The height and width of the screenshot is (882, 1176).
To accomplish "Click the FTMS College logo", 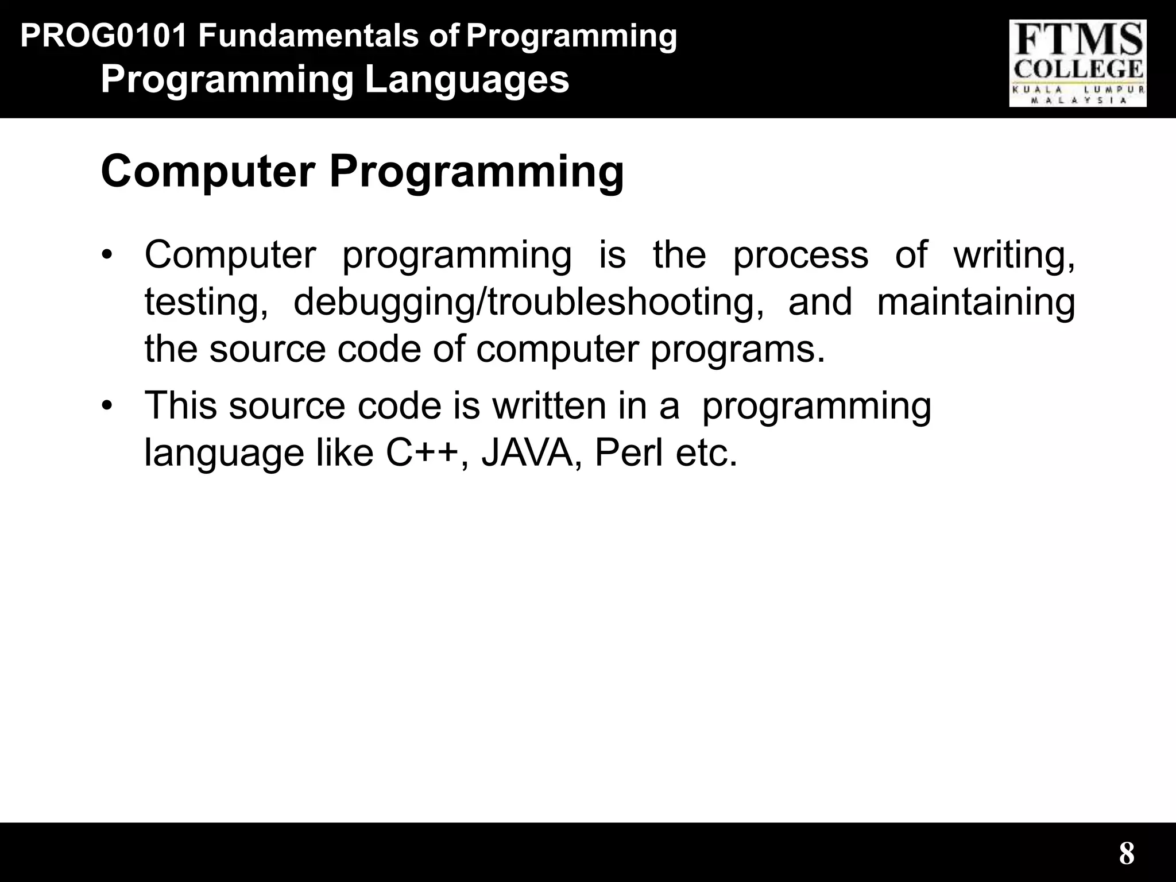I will [x=1078, y=63].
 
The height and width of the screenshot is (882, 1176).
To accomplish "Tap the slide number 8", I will [x=1126, y=853].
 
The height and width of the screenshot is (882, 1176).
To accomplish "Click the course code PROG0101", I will [x=103, y=36].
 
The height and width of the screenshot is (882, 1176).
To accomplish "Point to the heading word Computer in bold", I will [x=208, y=171].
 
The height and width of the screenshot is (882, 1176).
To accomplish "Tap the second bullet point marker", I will [x=106, y=406].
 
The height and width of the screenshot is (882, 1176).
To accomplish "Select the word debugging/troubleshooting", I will [x=529, y=303].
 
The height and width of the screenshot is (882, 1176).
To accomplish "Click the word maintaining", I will [x=976, y=303].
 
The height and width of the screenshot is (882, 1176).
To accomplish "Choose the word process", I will [x=800, y=256].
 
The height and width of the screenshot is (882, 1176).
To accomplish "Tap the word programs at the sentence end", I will [x=737, y=350].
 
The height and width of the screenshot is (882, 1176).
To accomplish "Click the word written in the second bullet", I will [x=549, y=406].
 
